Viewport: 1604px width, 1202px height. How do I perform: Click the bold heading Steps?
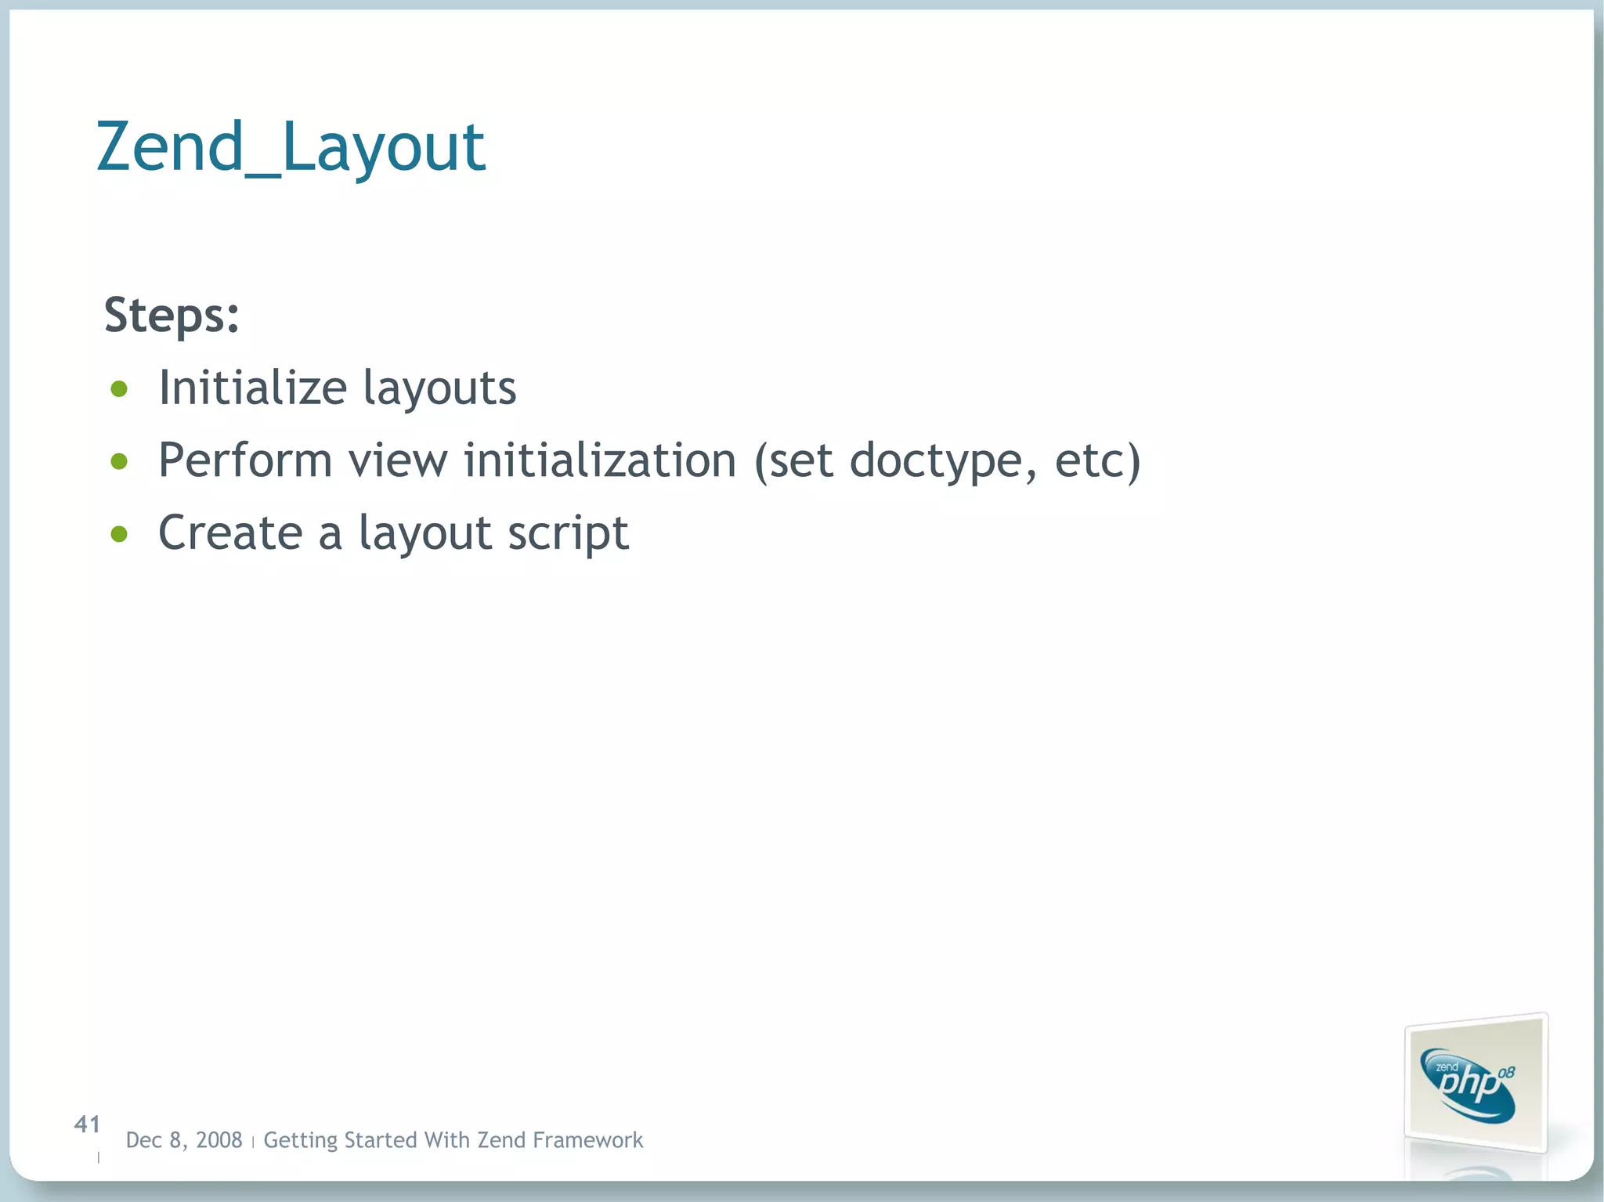172,316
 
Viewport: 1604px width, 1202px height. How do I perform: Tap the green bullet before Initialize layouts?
119,389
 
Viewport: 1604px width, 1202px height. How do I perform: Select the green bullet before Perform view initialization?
119,461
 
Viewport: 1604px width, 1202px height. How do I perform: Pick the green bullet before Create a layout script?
119,534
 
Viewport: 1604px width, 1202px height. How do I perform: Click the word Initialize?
252,388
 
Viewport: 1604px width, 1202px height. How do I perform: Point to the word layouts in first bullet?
439,389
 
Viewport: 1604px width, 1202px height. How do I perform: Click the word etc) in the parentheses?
1097,461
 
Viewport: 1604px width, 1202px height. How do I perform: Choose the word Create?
230,533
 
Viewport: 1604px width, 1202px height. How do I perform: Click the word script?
568,535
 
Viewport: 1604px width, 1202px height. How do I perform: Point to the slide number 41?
87,1124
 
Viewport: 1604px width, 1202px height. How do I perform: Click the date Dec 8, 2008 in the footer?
184,1140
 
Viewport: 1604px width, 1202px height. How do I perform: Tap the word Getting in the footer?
299,1141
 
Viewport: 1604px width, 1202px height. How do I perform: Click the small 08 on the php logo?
1506,1072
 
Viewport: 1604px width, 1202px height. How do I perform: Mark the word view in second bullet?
398,460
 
